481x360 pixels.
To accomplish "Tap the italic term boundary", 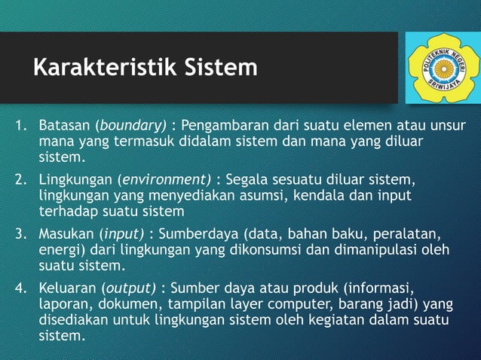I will (131, 125).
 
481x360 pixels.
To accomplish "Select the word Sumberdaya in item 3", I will (201, 234).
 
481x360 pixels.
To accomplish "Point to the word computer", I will (286, 303).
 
